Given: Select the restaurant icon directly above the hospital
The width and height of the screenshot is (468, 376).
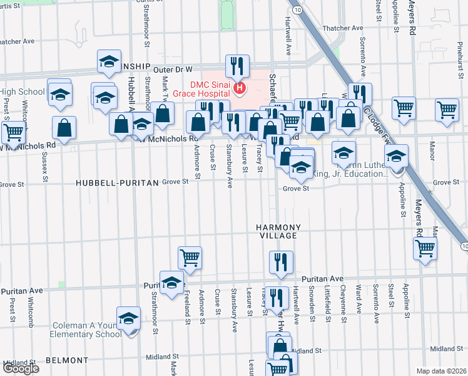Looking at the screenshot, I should (x=237, y=66).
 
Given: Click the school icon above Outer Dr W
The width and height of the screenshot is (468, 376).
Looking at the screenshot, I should (x=109, y=63).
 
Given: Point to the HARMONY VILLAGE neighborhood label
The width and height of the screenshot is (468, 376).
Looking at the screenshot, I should (x=278, y=231).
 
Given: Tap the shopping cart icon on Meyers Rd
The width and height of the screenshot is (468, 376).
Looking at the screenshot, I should (x=425, y=247).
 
